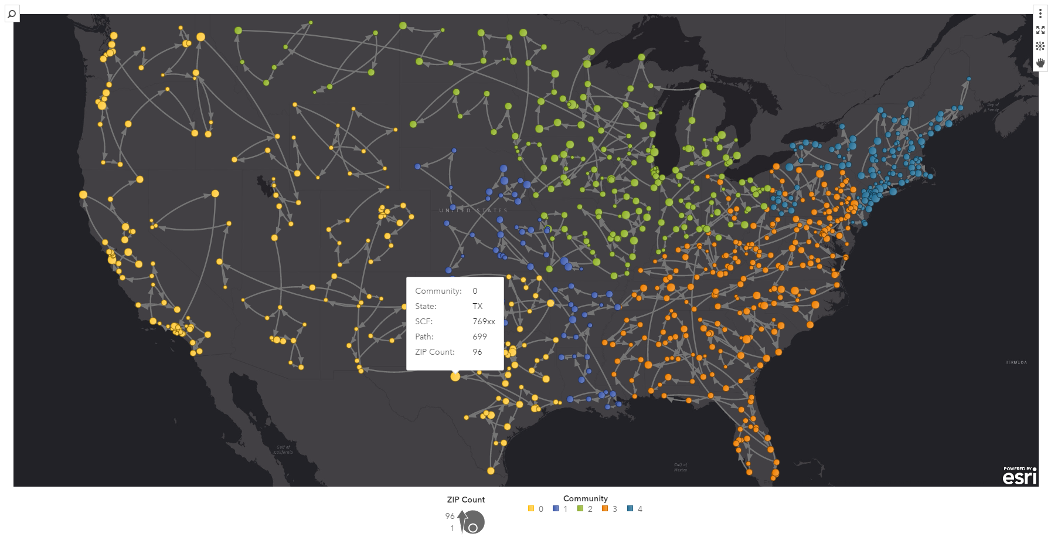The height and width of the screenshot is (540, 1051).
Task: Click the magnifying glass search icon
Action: (12, 13)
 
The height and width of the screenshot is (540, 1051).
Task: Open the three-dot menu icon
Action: (1040, 13)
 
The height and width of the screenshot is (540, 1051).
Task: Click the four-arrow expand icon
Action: (1040, 30)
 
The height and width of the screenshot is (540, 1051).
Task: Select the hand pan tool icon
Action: (1040, 63)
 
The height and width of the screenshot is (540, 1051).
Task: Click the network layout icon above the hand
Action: (1040, 46)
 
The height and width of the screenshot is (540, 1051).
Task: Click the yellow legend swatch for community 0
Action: (531, 509)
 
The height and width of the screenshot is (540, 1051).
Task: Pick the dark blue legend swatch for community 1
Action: (556, 509)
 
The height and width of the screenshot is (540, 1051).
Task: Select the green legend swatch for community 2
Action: (580, 509)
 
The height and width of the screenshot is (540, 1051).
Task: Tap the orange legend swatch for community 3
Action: (605, 509)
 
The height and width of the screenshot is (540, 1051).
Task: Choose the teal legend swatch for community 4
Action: (630, 509)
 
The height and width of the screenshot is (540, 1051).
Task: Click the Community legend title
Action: (585, 498)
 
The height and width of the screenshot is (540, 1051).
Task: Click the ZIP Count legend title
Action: (465, 500)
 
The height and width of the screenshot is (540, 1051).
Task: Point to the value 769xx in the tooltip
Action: (484, 321)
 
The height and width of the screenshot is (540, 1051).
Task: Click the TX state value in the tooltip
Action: (477, 306)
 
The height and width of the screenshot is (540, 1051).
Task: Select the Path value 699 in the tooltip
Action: (479, 337)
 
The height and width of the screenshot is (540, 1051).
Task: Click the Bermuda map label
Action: (1016, 362)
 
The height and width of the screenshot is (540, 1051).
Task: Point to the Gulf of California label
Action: (283, 450)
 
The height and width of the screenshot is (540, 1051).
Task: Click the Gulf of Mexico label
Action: (680, 467)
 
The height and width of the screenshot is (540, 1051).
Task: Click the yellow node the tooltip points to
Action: (455, 376)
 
